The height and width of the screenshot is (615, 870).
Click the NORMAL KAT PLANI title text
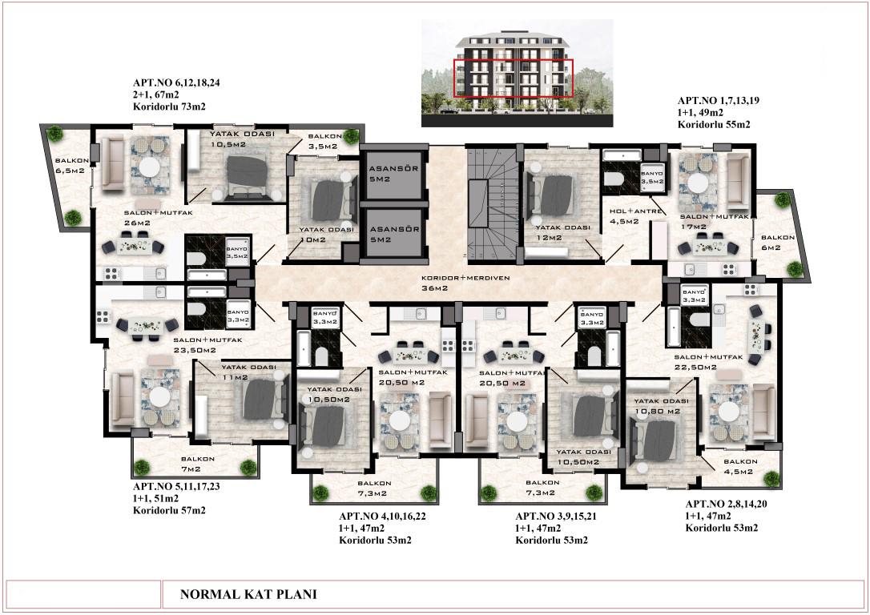[x=248, y=594]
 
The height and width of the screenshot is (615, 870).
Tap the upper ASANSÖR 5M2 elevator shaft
[x=394, y=174]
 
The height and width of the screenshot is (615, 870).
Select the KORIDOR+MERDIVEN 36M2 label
[x=465, y=283]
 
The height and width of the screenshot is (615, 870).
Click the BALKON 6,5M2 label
[x=71, y=165]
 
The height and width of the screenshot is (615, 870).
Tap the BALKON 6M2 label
[x=778, y=243]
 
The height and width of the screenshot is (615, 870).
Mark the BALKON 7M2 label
[x=198, y=464]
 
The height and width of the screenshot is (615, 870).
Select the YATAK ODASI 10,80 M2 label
[x=661, y=406]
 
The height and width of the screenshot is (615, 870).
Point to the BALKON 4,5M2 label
[x=740, y=466]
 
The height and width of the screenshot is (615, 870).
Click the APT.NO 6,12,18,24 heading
[x=176, y=82]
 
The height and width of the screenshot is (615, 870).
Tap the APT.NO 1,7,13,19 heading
[x=719, y=100]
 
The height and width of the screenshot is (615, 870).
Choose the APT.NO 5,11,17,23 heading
[x=176, y=486]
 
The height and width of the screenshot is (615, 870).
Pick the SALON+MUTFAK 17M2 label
[x=715, y=221]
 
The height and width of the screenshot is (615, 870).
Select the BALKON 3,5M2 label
[x=324, y=141]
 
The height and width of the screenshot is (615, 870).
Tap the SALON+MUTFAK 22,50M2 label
[x=708, y=362]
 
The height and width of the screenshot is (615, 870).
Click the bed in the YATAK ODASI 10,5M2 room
[x=248, y=175]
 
